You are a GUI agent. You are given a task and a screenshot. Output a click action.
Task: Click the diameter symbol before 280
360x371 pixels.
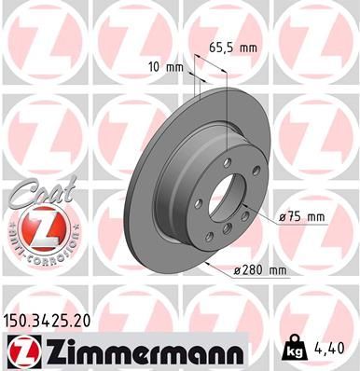click(238, 272)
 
